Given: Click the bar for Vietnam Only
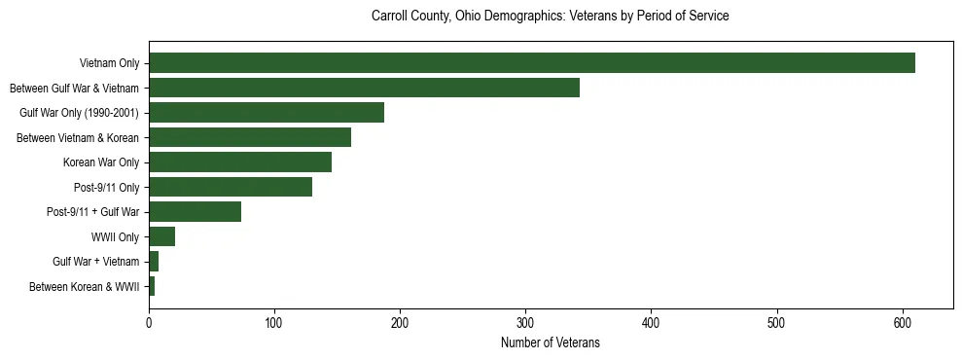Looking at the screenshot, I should pos(531,63).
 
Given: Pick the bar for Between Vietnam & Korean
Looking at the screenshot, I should pos(250,137).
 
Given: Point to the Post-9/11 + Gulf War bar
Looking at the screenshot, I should pos(195,212).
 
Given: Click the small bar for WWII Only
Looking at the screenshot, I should pos(161,236).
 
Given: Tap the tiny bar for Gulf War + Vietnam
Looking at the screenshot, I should pos(154,262).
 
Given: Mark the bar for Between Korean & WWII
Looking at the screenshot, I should pos(152,286).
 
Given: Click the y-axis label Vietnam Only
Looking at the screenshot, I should pos(110,64).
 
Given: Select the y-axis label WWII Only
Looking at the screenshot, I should pos(116,237).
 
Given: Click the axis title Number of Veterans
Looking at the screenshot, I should pos(550,343).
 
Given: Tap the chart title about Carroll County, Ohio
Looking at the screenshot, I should pos(550,17).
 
